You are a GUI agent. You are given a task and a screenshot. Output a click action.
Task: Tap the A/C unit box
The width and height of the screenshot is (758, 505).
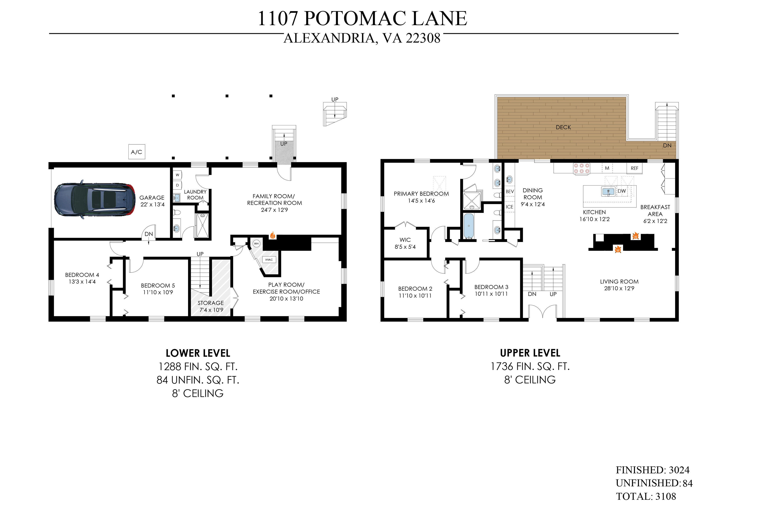[137, 152]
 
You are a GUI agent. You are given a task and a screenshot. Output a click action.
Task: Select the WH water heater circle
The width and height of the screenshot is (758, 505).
[256, 243]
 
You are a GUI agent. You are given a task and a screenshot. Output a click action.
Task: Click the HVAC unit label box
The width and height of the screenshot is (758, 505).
[269, 260]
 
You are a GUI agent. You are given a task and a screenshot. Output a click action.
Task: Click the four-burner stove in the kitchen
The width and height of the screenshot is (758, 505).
[581, 169]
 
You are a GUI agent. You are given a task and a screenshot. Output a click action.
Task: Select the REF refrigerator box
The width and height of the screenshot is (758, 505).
[634, 168]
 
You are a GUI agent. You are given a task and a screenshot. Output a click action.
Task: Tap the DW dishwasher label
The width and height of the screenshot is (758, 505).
[622, 191]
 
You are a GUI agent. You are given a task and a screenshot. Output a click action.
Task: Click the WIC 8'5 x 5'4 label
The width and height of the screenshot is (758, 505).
[405, 243]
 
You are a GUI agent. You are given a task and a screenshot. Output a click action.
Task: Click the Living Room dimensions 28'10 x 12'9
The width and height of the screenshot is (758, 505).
[619, 288]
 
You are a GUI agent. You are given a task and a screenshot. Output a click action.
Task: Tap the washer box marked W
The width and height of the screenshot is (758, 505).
[177, 175]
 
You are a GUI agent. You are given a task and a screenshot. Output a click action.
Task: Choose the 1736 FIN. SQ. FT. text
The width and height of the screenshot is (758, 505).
[530, 367]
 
